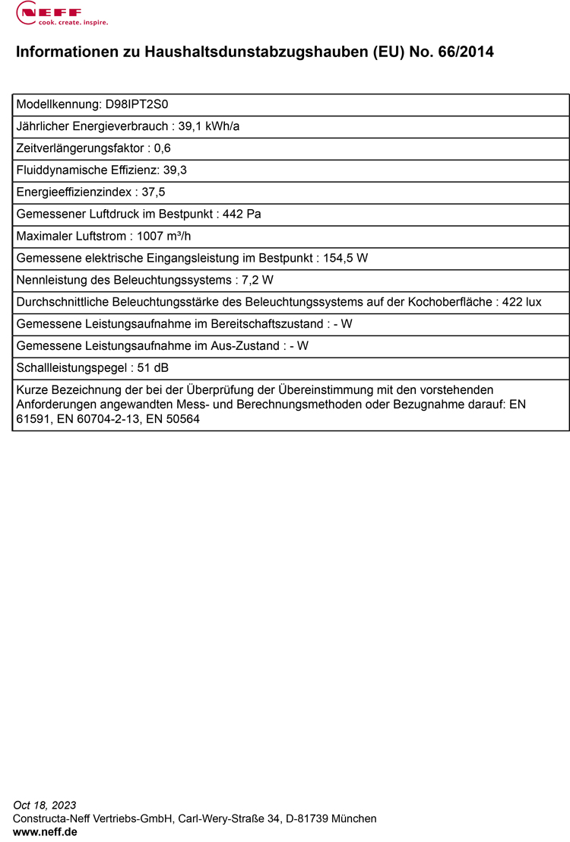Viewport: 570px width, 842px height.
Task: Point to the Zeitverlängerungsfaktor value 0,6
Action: pyautogui.click(x=163, y=148)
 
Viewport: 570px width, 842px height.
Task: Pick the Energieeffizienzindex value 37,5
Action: pyautogui.click(x=154, y=192)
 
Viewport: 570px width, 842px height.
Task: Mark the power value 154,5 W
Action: pyautogui.click(x=346, y=258)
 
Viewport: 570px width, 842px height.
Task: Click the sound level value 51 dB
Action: pyautogui.click(x=153, y=368)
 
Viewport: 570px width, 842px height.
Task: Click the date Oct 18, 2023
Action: pyautogui.click(x=45, y=805)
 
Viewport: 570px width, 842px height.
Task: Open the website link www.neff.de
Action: pyautogui.click(x=45, y=832)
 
